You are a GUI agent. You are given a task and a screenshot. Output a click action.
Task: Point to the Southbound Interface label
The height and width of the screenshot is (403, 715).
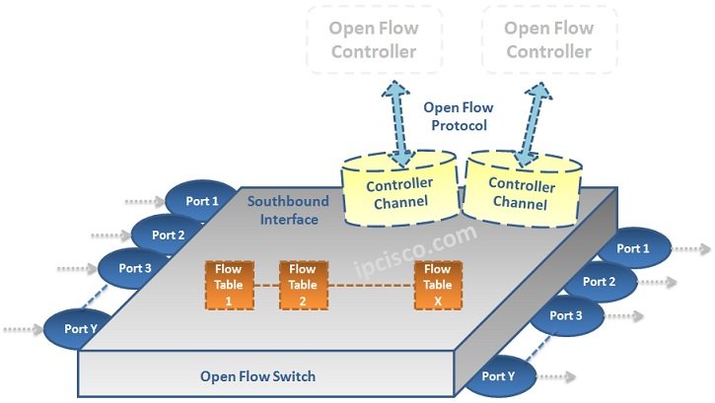[x=283, y=210]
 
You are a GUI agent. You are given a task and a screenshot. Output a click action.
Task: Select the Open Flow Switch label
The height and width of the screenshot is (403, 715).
[x=259, y=375]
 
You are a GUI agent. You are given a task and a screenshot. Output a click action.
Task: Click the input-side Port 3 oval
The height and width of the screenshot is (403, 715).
[x=135, y=267]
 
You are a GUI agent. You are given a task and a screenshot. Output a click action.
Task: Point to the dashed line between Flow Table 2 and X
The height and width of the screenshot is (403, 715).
[x=370, y=285]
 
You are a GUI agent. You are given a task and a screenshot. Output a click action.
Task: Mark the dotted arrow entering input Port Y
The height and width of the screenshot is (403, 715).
[x=22, y=330]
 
